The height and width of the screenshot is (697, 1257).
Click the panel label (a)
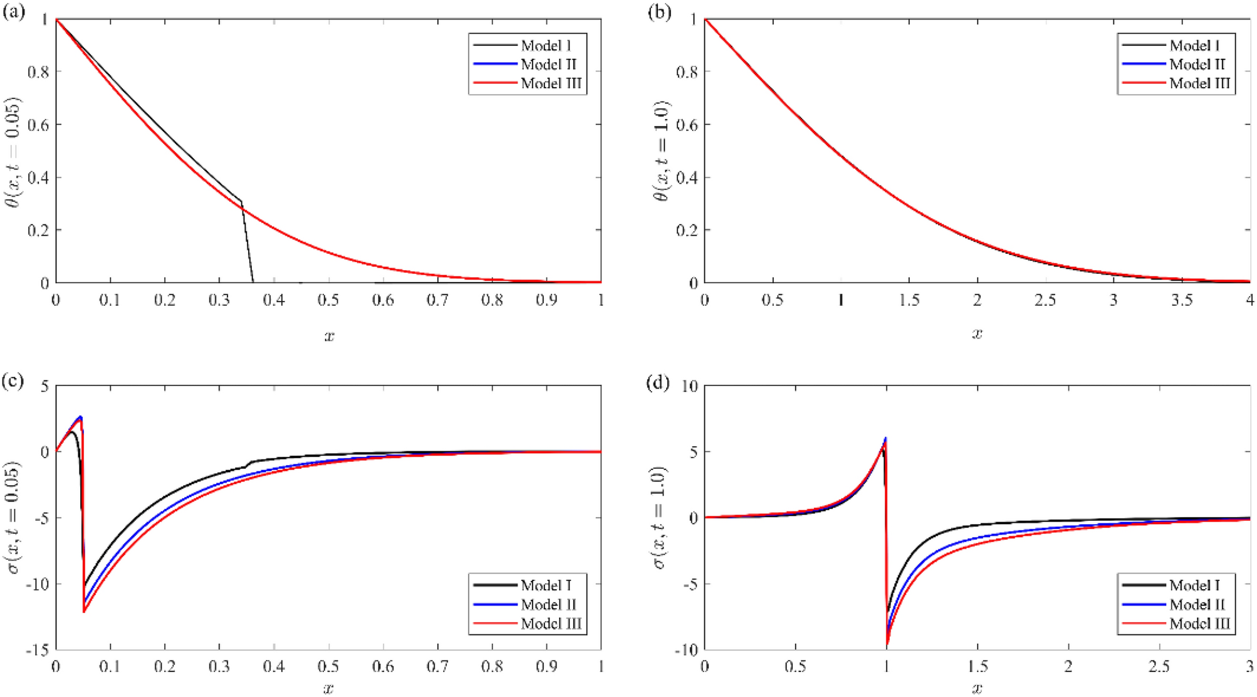coord(14,12)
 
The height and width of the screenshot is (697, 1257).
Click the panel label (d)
coord(657,382)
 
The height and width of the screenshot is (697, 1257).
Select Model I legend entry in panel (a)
coord(545,46)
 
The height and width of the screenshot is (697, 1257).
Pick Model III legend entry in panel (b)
coord(1199,83)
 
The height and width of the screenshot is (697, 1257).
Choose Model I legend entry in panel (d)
coord(1194,585)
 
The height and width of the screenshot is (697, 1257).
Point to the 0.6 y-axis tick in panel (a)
coord(38,125)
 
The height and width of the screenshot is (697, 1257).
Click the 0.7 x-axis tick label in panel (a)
coord(437,301)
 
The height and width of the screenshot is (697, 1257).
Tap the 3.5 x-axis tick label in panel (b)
coord(1182,301)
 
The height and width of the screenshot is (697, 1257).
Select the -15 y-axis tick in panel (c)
coord(37,650)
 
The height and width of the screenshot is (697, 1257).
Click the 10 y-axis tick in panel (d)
coord(689,386)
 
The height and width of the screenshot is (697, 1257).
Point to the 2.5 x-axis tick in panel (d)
coord(1159,667)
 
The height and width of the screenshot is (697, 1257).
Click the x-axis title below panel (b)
coord(977,333)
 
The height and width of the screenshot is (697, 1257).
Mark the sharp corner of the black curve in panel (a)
coord(241,202)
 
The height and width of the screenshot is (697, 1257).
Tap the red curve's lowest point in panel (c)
coord(84,611)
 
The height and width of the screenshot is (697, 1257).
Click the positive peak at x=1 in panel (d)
coord(885,438)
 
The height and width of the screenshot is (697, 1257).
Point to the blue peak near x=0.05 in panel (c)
coord(80,417)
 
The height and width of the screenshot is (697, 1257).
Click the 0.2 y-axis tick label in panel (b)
coord(687,231)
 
